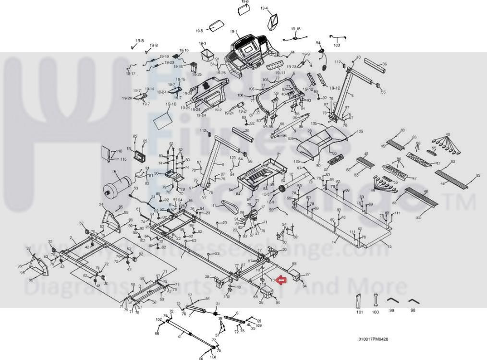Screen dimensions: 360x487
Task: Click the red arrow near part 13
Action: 282,280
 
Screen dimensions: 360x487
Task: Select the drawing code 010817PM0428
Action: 373,339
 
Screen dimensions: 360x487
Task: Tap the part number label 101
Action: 360,312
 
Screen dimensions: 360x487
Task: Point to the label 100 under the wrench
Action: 376,312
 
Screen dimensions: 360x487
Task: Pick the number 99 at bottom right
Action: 392,311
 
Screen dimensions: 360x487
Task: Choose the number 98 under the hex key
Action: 413,311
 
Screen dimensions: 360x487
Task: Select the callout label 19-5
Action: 199,31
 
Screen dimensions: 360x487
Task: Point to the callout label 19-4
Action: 264,8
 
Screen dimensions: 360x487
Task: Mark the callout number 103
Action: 337,46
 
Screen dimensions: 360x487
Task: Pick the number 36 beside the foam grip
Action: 384,64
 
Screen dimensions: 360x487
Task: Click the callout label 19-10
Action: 171,104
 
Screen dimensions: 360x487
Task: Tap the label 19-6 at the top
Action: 245,2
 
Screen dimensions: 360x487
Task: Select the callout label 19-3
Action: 202,43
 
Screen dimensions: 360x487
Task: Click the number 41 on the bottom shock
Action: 180,337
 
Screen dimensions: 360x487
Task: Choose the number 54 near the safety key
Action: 318,43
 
